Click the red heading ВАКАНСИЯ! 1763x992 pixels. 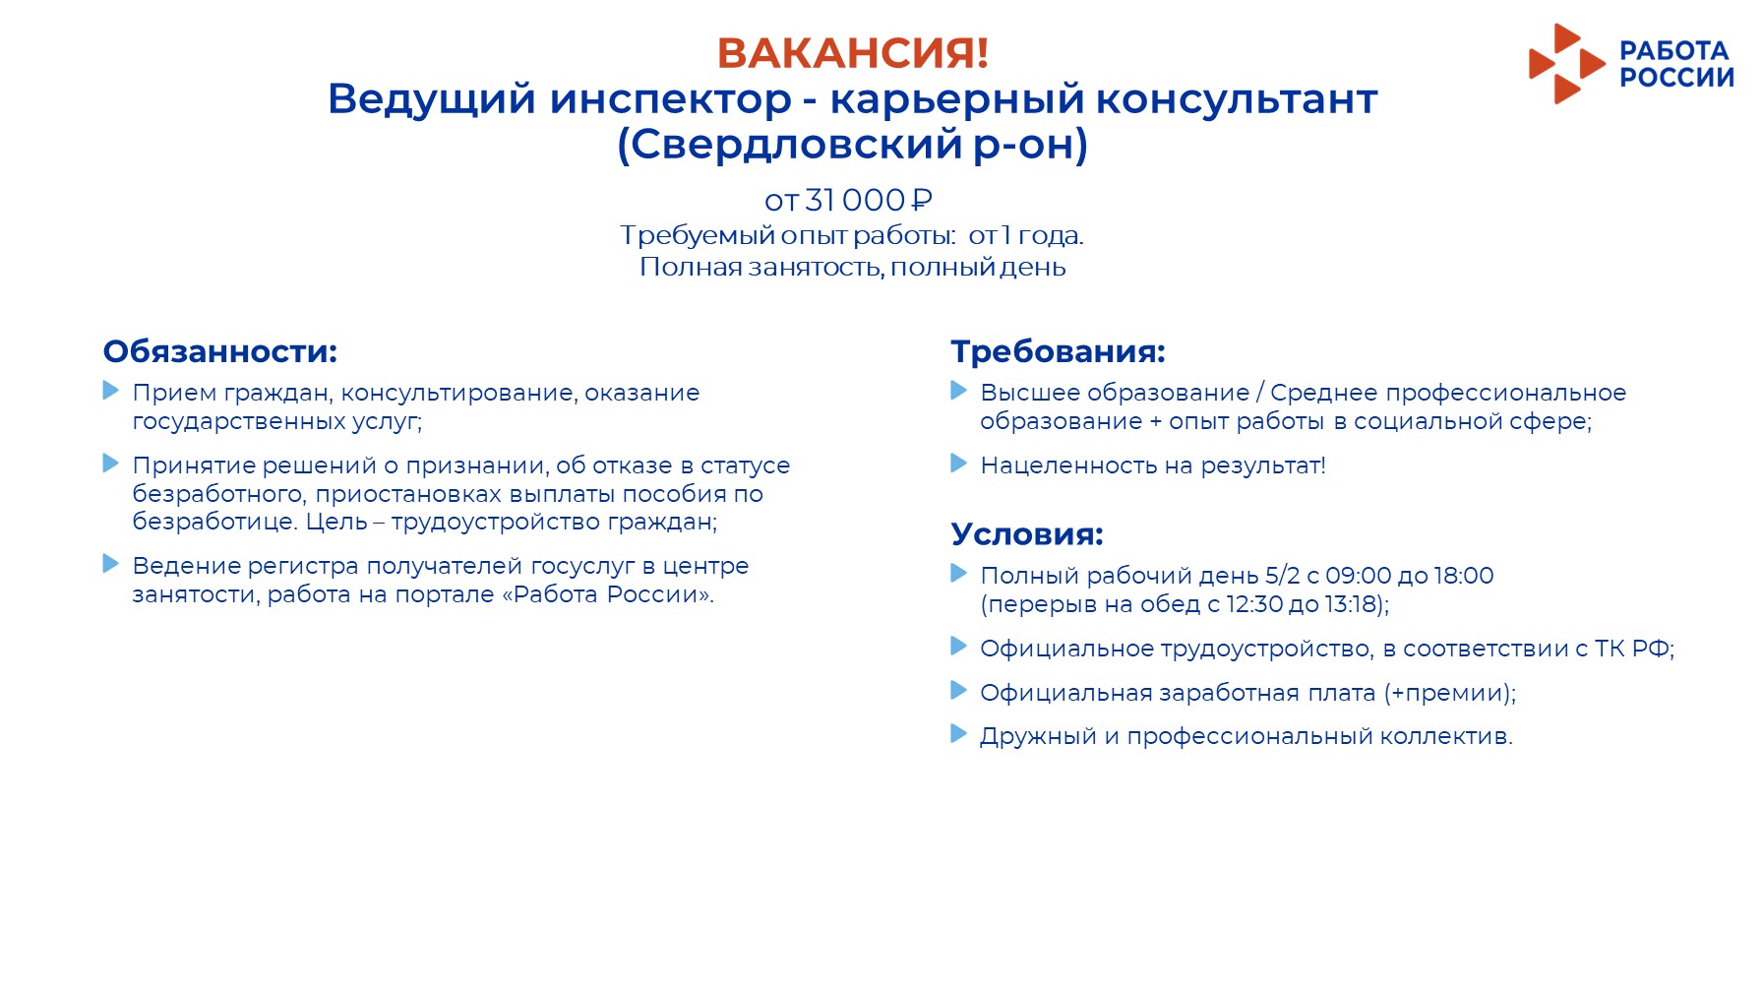[x=852, y=53]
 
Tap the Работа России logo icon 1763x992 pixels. [x=1566, y=64]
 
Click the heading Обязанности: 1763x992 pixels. [x=220, y=351]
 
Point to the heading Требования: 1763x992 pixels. [x=1058, y=351]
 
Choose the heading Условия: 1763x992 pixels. [x=1027, y=534]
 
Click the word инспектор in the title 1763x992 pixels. [x=670, y=99]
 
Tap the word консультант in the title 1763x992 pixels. [x=1237, y=99]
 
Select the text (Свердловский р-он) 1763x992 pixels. [x=852, y=145]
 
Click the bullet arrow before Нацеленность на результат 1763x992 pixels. [x=959, y=463]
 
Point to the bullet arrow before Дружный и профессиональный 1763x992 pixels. [x=959, y=733]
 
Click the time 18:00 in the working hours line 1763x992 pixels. [x=1464, y=576]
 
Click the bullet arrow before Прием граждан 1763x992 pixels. [x=111, y=391]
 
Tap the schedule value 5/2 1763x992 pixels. [x=1282, y=576]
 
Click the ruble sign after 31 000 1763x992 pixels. [x=922, y=200]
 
